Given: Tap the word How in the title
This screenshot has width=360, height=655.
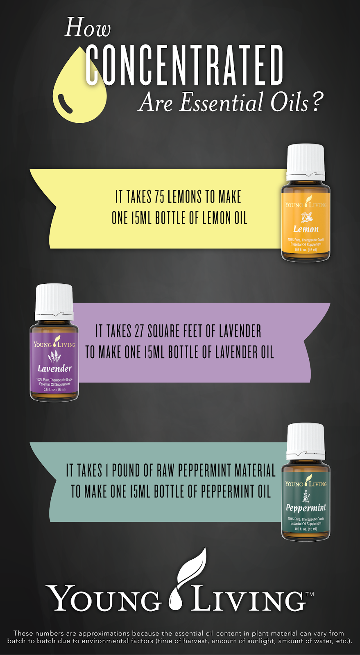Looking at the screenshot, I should pos(88,28).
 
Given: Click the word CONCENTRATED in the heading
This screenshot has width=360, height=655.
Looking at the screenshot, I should pos(184,65).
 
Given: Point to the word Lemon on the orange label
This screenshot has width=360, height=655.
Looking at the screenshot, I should pos(306,229).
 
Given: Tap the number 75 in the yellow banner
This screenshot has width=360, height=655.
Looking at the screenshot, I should pos(159,197).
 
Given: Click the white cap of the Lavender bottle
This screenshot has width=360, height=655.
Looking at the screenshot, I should pos(54,301).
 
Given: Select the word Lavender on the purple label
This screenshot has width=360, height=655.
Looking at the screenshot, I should pos(54,369).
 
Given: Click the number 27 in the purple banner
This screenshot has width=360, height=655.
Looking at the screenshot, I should pos(139,331).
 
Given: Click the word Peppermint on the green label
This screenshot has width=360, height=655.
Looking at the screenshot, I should pos(306,508).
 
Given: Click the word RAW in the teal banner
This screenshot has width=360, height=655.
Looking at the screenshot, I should pos(165,471).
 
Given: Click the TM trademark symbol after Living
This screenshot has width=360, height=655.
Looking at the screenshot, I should pos(310,594).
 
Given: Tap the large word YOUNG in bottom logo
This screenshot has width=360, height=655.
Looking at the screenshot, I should pos(104,599).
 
